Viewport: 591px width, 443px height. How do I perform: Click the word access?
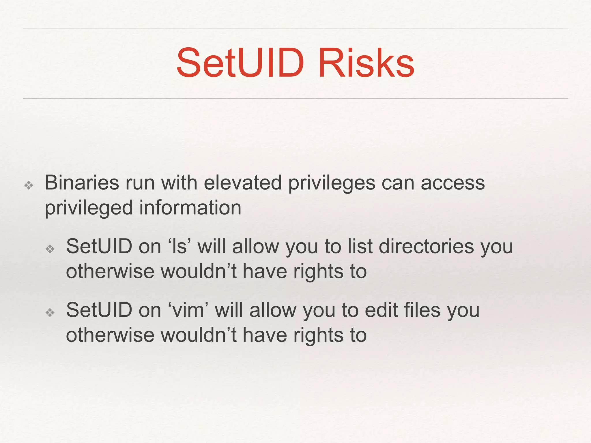tap(453, 183)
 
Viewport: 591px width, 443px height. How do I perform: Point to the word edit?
tap(381, 310)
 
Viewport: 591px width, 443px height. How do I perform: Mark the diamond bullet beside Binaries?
tap(29, 185)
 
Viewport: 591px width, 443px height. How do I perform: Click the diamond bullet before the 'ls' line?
tap(50, 249)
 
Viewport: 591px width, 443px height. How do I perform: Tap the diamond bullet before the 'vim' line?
tap(50, 312)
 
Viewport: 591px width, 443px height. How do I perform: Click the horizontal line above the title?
tap(295, 29)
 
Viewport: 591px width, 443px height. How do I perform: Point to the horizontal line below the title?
tap(295, 99)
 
